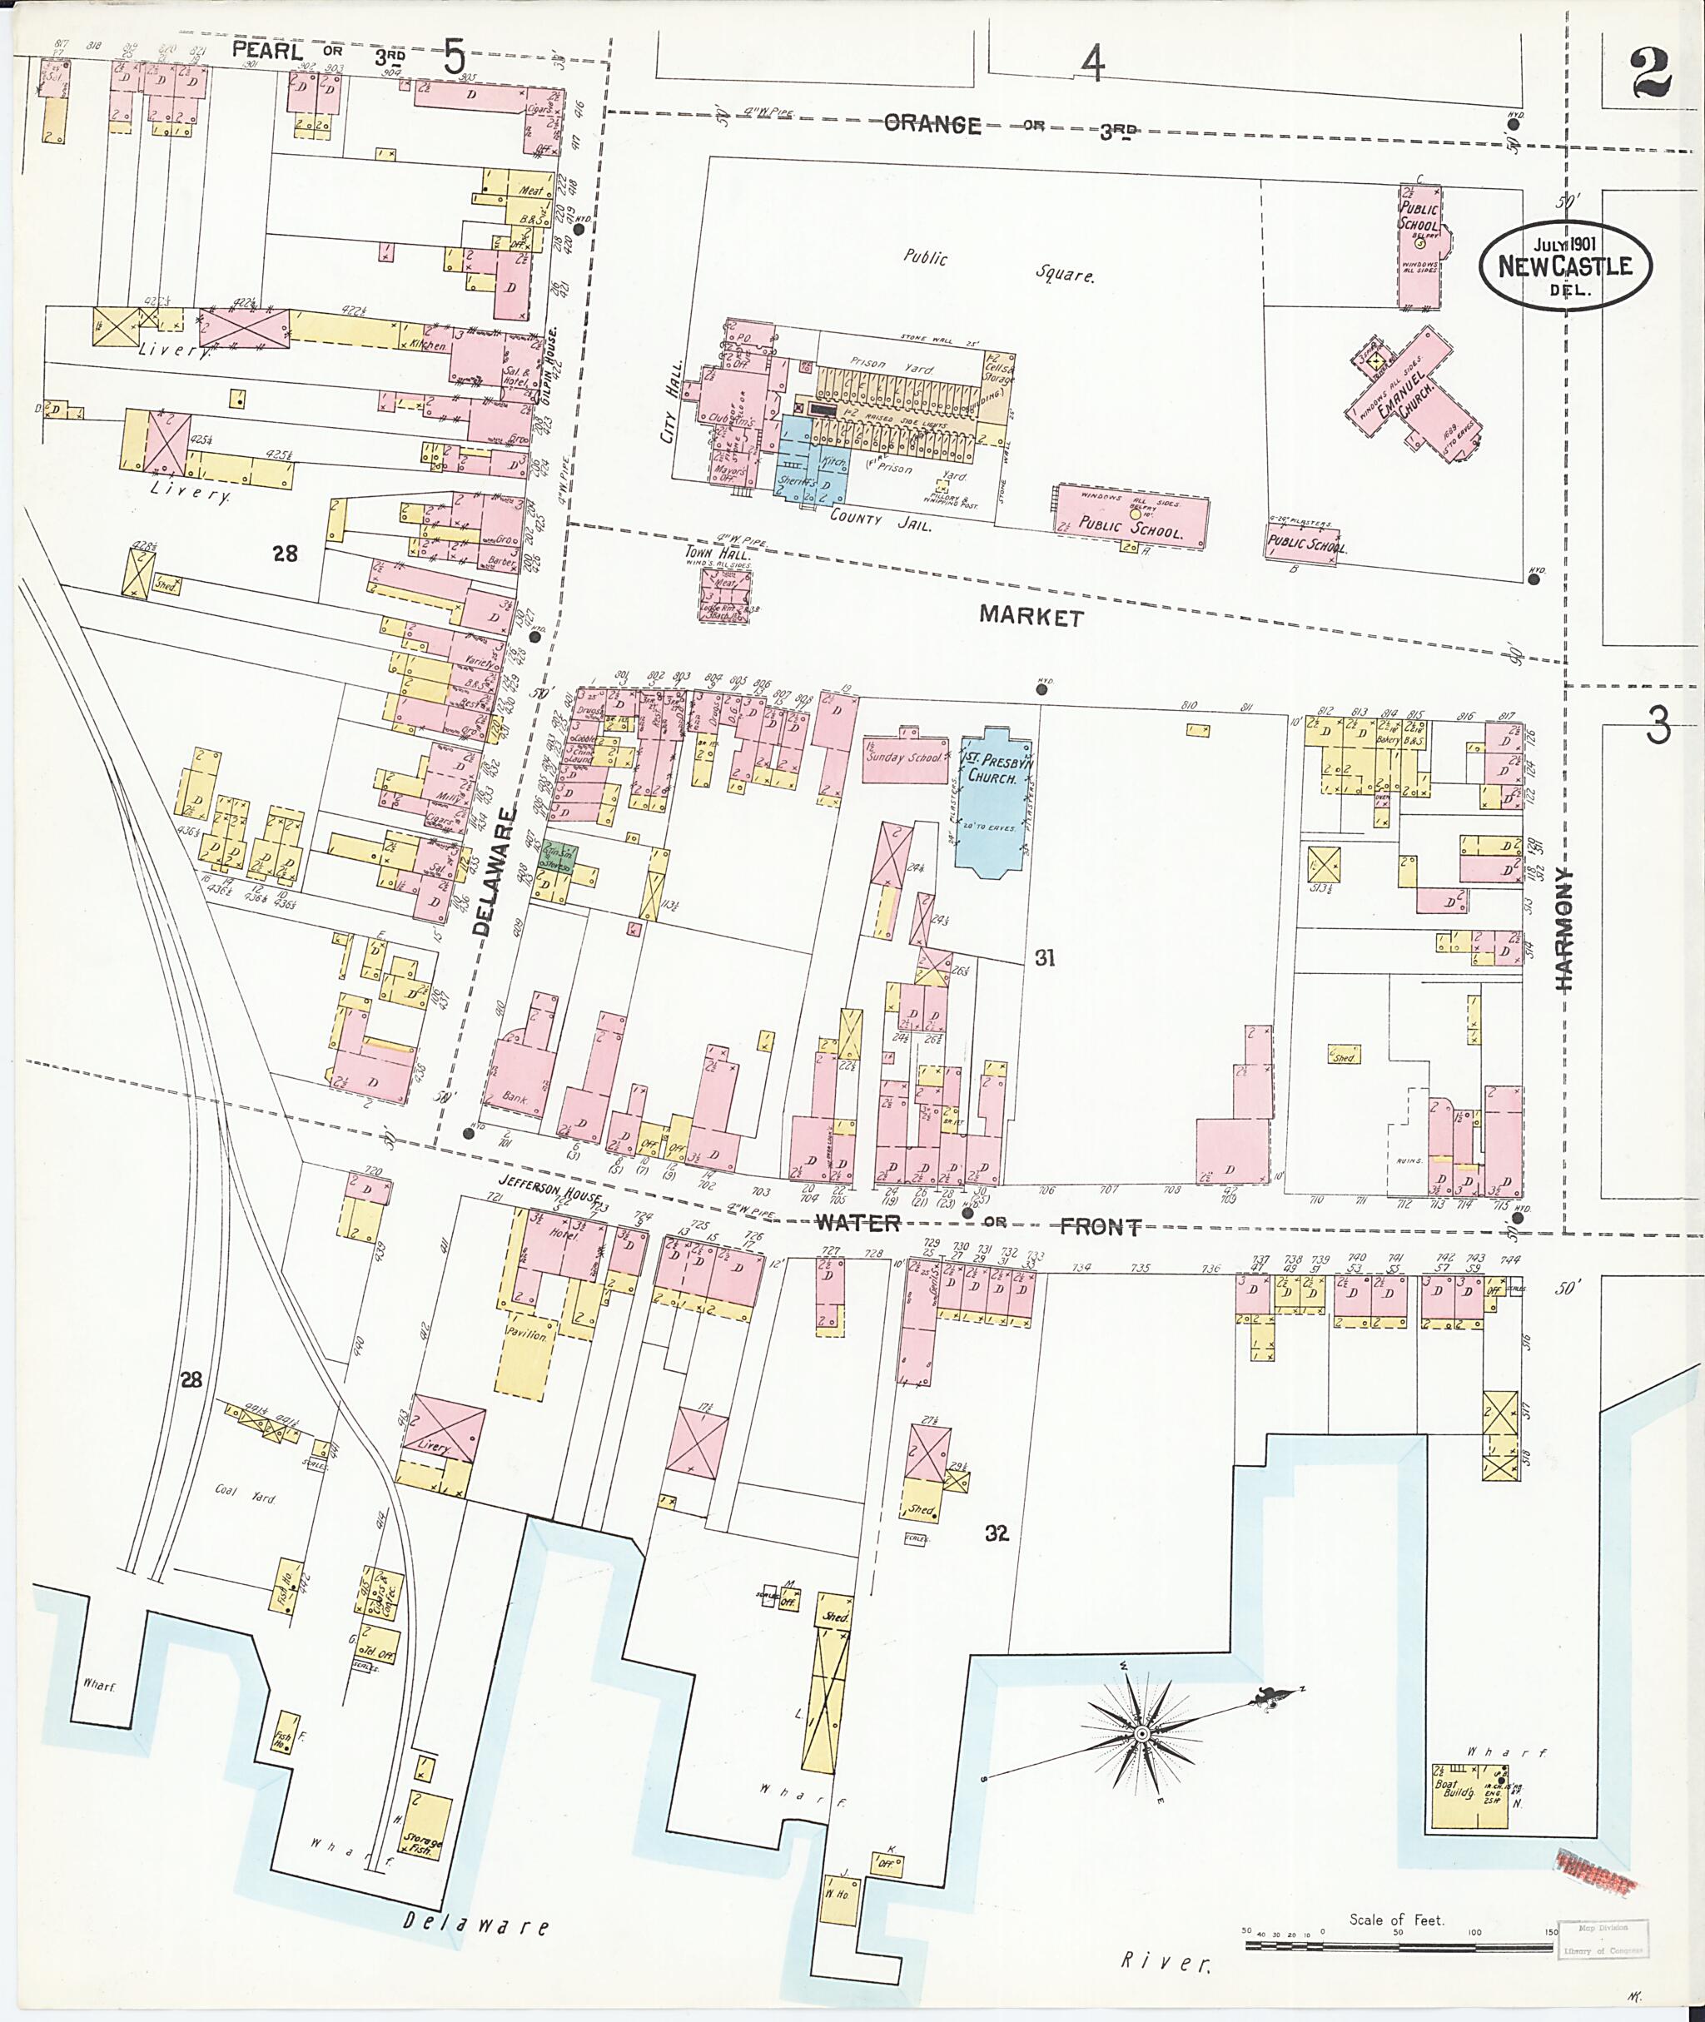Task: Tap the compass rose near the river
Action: [x=1141, y=1735]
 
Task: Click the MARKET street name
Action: [x=1029, y=618]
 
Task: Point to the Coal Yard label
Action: [x=246, y=1498]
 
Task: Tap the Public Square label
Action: [x=996, y=265]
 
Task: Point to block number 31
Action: [x=1045, y=958]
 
